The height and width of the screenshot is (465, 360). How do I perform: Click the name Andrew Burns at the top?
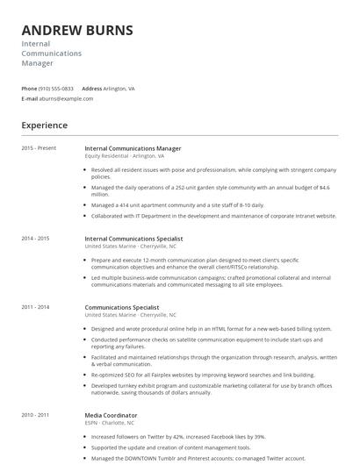(x=77, y=30)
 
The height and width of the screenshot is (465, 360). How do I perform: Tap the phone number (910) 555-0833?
(x=57, y=89)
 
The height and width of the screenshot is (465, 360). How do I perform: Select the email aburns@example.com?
(x=66, y=99)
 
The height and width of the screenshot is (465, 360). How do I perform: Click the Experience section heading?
(x=44, y=125)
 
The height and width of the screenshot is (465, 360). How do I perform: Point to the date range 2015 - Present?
(x=39, y=149)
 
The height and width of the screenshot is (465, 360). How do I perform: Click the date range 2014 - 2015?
(x=35, y=239)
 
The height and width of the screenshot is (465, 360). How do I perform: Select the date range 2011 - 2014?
(x=35, y=308)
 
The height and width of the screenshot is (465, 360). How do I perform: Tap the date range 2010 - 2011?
(x=35, y=414)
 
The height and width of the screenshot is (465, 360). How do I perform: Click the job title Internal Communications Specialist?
(x=133, y=239)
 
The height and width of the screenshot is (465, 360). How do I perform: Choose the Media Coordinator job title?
(x=111, y=414)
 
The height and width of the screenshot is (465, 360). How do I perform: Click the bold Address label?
(x=92, y=89)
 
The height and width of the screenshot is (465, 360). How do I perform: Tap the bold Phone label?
(x=29, y=89)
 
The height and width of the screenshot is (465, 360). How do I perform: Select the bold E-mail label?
(x=29, y=99)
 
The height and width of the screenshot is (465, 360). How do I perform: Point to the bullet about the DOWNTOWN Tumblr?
(x=198, y=458)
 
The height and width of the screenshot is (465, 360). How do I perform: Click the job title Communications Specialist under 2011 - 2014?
(x=122, y=308)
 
